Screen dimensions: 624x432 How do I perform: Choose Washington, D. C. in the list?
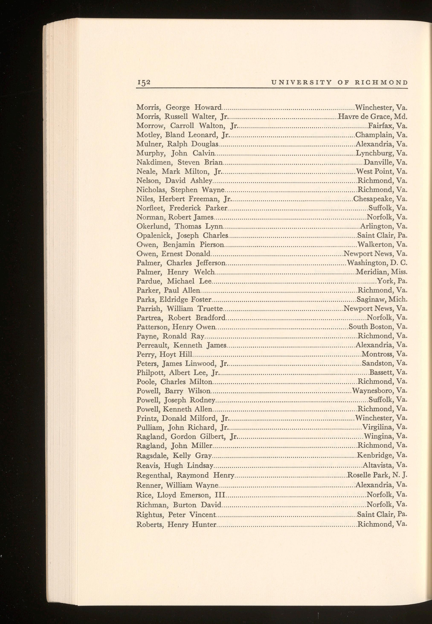[377, 263]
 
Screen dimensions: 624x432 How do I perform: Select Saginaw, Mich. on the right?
[382, 299]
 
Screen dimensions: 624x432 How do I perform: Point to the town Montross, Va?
[384, 354]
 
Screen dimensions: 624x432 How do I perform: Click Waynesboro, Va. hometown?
[380, 391]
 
